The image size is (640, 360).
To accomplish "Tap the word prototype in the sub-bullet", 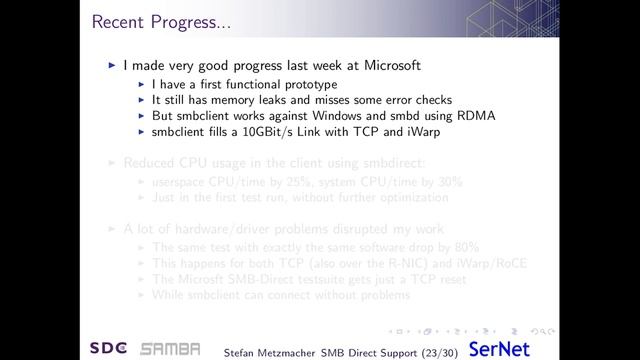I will click(x=305, y=84).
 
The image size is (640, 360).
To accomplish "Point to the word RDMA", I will click(x=477, y=116).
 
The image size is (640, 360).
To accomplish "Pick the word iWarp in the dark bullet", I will click(x=421, y=131).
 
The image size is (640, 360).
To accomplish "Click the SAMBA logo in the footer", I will click(x=170, y=348).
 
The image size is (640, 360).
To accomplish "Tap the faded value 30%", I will click(x=449, y=182).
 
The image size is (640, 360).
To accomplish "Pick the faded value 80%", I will click(x=465, y=247).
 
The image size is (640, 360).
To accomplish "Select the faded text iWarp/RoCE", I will click(x=489, y=263).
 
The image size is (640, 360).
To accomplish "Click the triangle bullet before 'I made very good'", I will click(x=112, y=67).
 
